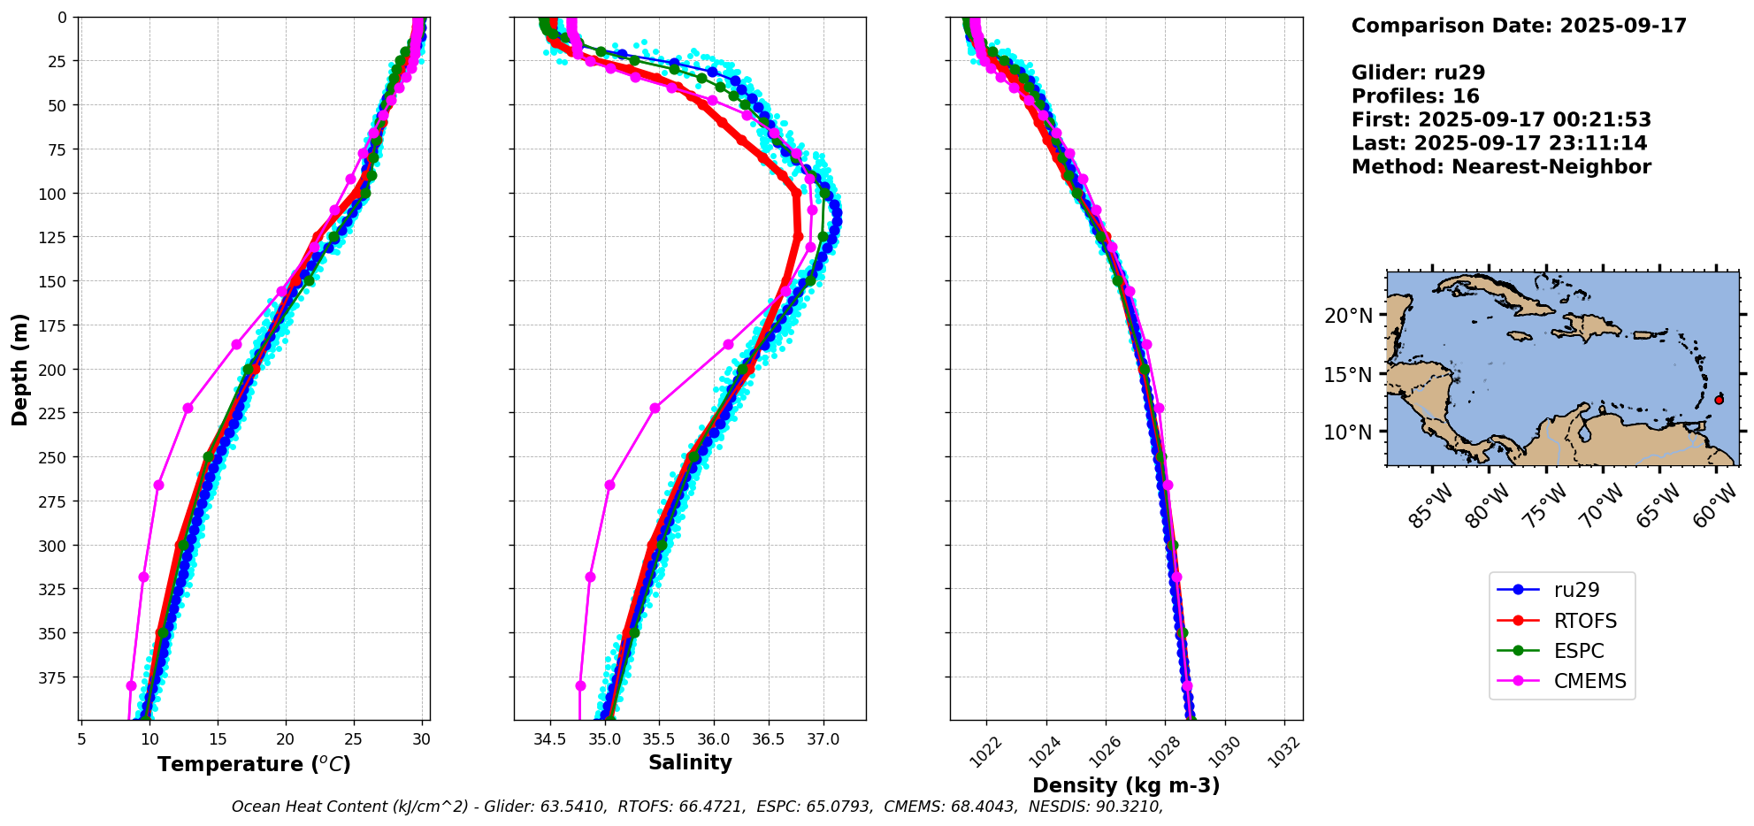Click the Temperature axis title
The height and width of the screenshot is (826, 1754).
254,764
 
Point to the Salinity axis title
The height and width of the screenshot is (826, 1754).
690,762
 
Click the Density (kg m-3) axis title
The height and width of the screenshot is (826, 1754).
1126,785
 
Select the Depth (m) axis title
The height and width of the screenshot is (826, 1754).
19,369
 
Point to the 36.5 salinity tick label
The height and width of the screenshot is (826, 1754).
767,738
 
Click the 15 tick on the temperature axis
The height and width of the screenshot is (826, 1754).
218,738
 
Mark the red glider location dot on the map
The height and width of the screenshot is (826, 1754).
1719,400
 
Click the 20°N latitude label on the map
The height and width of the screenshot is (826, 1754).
1350,316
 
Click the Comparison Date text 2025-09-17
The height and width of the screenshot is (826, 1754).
1623,26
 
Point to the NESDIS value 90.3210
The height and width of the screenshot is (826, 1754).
1127,807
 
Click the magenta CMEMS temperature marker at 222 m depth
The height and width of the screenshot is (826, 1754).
188,408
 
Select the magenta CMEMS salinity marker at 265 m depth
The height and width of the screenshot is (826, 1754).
609,485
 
